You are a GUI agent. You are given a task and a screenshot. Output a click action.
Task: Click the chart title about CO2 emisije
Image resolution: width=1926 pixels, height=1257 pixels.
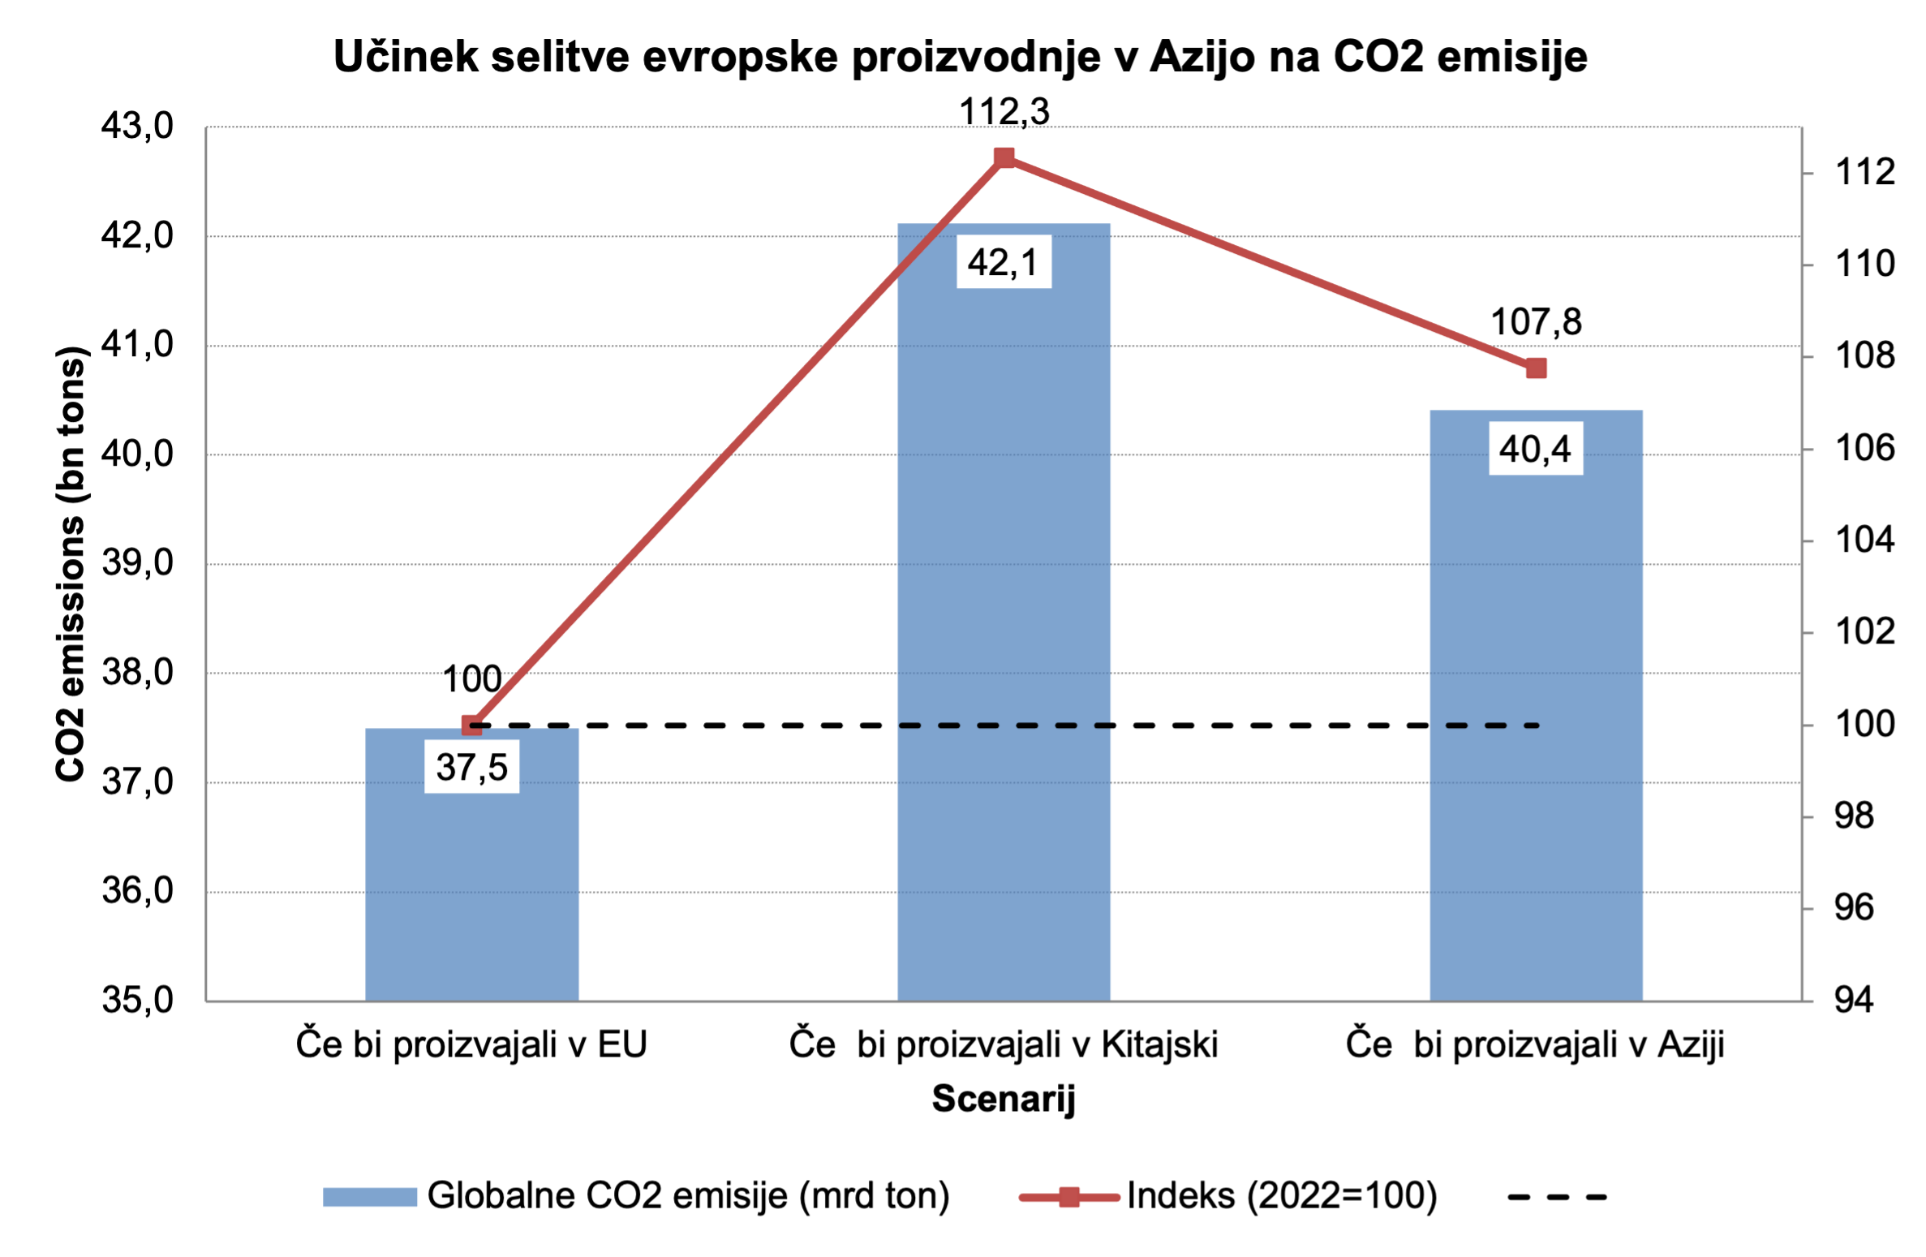click(x=961, y=57)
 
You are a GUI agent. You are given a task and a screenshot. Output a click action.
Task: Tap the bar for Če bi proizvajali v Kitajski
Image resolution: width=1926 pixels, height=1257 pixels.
click(x=1004, y=649)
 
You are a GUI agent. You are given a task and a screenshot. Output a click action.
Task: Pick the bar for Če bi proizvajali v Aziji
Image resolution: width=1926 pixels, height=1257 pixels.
click(x=1536, y=730)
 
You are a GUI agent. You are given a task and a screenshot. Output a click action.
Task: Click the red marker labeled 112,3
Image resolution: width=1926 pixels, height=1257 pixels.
click(x=1004, y=157)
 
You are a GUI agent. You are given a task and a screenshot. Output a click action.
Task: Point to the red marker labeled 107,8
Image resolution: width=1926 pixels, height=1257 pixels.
click(x=1536, y=368)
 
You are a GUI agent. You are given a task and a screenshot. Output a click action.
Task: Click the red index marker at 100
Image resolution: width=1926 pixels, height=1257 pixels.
click(x=471, y=725)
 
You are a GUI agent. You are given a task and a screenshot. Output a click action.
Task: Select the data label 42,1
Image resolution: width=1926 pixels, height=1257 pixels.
click(x=1004, y=262)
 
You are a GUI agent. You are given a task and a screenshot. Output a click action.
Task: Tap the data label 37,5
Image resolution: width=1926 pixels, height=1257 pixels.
click(x=471, y=767)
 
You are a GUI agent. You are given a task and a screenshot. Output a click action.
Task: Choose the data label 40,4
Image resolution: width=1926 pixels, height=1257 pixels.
click(x=1535, y=449)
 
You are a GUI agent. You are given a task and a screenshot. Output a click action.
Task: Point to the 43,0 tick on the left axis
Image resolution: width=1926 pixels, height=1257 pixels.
click(x=137, y=126)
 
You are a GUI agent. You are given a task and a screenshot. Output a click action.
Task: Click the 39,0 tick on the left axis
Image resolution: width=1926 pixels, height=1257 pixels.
click(x=137, y=562)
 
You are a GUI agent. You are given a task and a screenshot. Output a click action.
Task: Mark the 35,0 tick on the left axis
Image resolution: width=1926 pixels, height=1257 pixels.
click(x=137, y=1000)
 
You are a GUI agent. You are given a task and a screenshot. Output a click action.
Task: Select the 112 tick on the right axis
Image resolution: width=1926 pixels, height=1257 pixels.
click(x=1864, y=172)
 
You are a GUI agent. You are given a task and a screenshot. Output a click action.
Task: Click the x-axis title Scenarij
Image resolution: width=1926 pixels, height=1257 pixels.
click(x=1004, y=1098)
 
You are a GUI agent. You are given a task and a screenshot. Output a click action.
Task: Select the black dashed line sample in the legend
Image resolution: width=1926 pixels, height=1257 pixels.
click(x=1556, y=1196)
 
